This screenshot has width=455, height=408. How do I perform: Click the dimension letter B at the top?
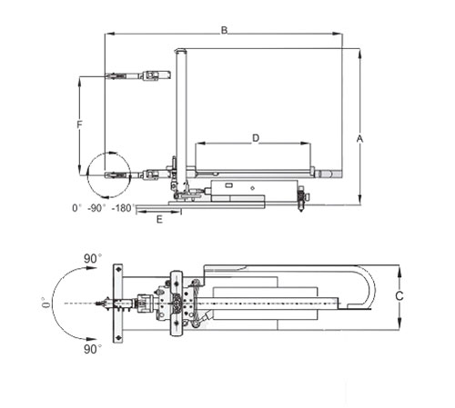point(224,30)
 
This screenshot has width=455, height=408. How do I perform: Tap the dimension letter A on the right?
point(359,139)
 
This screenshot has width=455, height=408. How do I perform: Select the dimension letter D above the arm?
point(256,138)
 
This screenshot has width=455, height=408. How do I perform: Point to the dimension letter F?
point(79,124)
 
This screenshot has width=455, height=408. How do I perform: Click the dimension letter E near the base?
point(159,219)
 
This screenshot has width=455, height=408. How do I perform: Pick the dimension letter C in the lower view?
point(399,295)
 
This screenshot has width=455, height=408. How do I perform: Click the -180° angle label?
point(123,208)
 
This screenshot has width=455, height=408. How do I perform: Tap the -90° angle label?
point(96,208)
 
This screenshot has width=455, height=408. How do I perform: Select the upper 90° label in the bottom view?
point(93,259)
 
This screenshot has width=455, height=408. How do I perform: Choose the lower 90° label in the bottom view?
point(93,349)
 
